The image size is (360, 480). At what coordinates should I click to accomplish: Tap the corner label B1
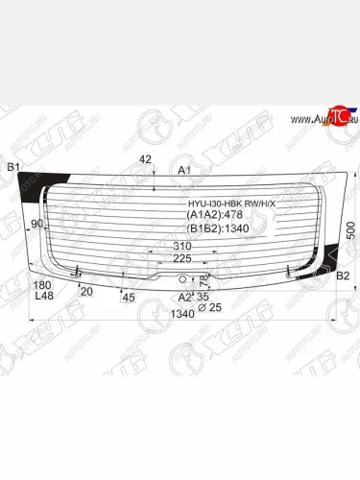tap(13, 169)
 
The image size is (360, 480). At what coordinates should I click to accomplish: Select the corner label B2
tap(342, 276)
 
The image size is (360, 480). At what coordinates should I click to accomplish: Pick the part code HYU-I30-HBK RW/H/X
tap(230, 204)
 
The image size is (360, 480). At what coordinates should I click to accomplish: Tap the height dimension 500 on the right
tap(350, 231)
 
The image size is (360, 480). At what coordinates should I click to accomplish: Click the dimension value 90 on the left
tap(37, 224)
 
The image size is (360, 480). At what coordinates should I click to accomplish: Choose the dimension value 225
tap(181, 258)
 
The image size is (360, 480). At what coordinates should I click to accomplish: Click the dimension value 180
tap(43, 285)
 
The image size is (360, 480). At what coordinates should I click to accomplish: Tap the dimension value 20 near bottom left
tap(86, 291)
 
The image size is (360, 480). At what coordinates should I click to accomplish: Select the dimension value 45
tap(129, 298)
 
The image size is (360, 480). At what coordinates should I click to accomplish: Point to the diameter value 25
tap(214, 307)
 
